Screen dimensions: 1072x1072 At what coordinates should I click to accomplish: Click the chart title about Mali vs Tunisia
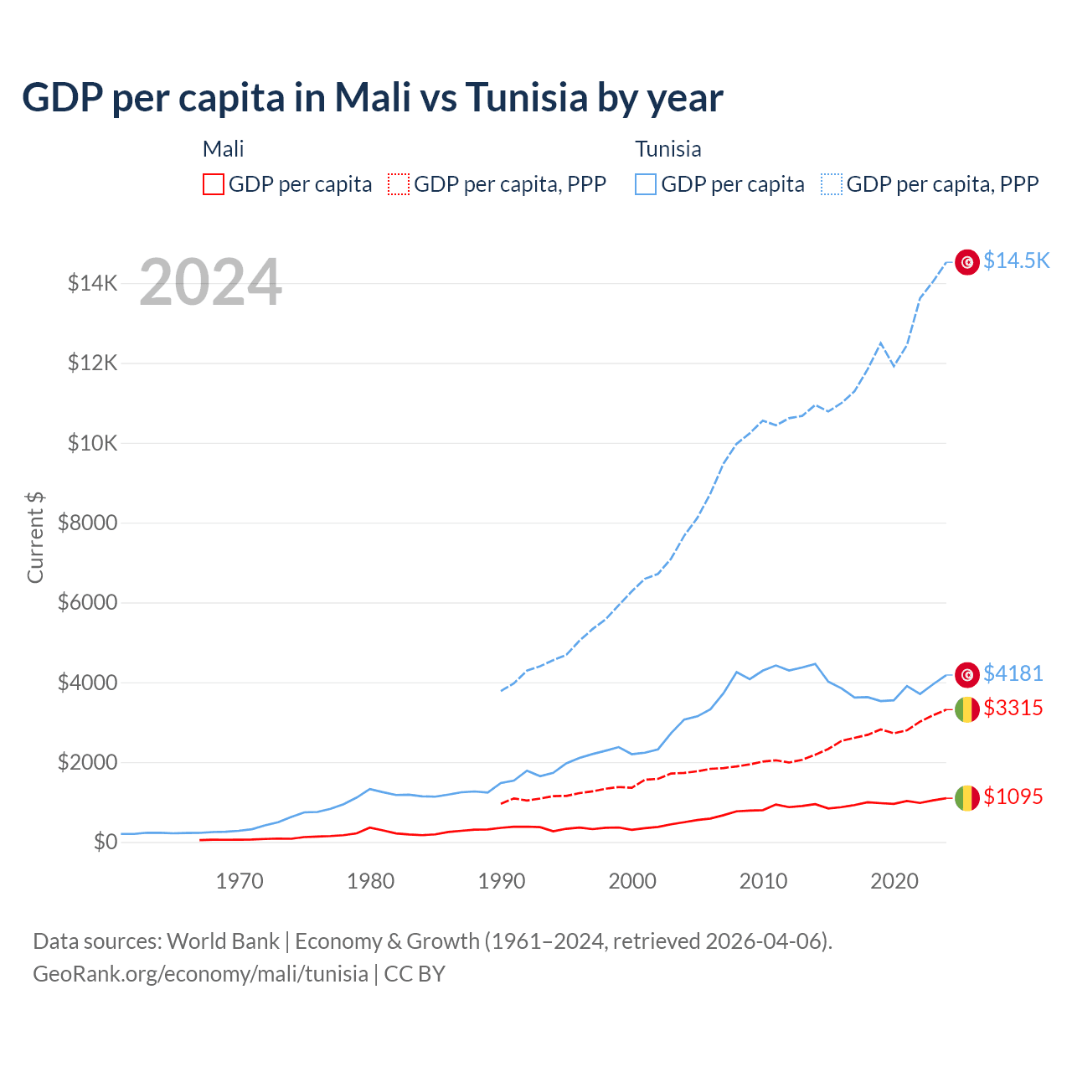(372, 98)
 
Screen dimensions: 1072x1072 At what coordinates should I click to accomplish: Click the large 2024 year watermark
(210, 282)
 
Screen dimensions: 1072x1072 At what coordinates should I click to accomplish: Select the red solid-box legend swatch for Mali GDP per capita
(214, 184)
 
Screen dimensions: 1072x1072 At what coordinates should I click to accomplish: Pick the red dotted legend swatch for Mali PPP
(399, 184)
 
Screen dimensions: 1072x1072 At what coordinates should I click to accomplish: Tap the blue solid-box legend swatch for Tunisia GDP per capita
(646, 184)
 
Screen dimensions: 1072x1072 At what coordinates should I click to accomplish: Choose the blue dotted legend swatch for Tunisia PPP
(832, 184)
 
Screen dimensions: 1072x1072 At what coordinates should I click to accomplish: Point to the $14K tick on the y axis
(93, 283)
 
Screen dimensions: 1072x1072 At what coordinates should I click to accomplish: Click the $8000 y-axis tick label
(88, 523)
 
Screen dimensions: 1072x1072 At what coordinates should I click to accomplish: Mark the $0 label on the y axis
(105, 842)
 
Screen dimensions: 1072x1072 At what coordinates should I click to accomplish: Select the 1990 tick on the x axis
(502, 881)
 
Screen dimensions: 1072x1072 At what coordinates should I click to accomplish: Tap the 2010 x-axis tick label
(763, 881)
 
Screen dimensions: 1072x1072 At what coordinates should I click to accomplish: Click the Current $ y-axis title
(35, 537)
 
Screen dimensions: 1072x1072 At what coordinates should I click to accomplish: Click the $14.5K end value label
(1016, 260)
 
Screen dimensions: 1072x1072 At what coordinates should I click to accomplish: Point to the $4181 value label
(1013, 673)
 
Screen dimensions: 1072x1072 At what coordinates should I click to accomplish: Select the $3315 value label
(1013, 708)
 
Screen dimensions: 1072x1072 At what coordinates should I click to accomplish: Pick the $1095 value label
(1013, 796)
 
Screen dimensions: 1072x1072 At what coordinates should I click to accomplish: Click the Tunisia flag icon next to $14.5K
(967, 262)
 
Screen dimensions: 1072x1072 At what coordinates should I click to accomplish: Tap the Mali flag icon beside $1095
(967, 798)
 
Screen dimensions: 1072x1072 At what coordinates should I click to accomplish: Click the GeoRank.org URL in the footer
(200, 974)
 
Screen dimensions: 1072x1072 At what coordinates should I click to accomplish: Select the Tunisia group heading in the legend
(667, 149)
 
